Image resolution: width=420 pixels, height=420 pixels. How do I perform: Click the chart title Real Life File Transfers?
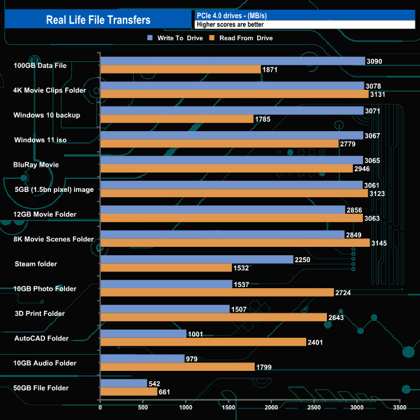98,19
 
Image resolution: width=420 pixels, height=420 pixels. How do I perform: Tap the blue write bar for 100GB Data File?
233,61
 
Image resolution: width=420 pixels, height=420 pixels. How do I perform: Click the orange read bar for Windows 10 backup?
177,119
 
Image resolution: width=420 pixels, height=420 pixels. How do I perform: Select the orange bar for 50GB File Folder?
129,392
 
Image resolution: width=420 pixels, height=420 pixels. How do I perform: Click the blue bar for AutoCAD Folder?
143,333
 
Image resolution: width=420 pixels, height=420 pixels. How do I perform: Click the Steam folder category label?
36,264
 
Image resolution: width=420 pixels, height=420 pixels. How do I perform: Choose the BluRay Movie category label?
36,165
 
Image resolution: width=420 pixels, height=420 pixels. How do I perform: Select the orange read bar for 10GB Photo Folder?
217,293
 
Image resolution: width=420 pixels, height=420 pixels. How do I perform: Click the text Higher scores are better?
230,25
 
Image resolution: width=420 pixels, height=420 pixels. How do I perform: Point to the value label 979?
193,359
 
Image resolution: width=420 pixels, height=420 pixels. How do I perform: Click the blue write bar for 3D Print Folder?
165,309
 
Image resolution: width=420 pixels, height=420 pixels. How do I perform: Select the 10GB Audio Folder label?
45,363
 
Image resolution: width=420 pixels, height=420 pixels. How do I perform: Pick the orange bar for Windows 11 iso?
219,143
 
